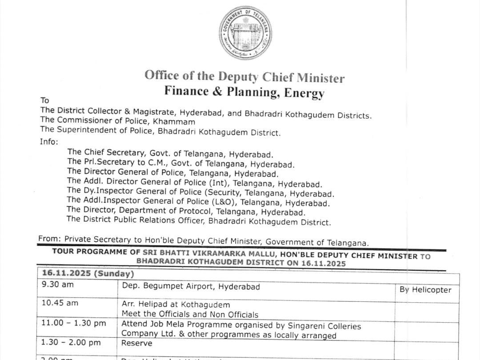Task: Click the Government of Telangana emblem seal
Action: [x=245, y=33]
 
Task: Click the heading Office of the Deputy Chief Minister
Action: [x=244, y=76]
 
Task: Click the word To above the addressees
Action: [x=45, y=100]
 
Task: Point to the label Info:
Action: [x=48, y=142]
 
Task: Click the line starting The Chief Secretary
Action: [x=170, y=153]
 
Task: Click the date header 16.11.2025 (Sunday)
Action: [x=88, y=273]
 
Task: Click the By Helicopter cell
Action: [x=425, y=290]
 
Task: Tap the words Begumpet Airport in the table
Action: [x=176, y=287]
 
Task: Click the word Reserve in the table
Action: [x=137, y=343]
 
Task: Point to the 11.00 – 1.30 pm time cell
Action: [x=73, y=323]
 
